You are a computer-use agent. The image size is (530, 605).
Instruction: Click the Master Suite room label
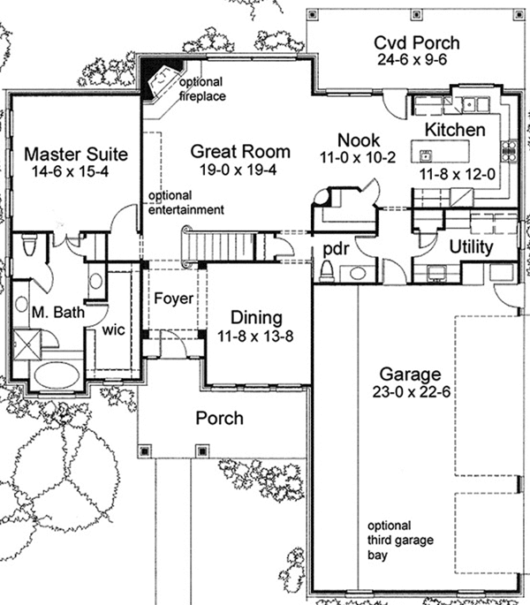[x=76, y=154]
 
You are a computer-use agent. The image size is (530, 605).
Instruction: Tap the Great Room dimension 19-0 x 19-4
[x=238, y=170]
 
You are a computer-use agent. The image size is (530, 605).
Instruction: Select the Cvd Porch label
[x=417, y=42]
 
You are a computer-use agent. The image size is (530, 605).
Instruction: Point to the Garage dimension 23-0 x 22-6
[x=412, y=392]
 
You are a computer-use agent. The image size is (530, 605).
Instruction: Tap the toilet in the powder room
[x=327, y=270]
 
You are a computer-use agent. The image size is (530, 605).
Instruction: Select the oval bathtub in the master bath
[x=57, y=375]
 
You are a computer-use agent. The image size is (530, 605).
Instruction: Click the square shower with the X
[x=26, y=344]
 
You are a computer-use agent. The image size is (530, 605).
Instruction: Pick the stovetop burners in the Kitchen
[x=509, y=151]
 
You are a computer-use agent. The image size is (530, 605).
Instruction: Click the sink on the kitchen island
[x=426, y=156]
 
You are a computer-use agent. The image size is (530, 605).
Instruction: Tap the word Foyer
[x=173, y=299]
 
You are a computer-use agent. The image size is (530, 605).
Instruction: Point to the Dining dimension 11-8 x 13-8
[x=255, y=337]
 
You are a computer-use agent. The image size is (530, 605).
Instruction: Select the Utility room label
[x=471, y=247]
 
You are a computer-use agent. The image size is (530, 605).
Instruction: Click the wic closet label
[x=113, y=330]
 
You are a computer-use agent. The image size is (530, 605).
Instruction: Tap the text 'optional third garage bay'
[x=400, y=541]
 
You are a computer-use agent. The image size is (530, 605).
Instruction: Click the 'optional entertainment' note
[x=186, y=202]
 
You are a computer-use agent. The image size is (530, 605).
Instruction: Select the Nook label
[x=359, y=140]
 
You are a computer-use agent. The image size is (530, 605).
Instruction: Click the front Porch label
[x=220, y=419]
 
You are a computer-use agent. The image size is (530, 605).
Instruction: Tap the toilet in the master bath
[x=29, y=244]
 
